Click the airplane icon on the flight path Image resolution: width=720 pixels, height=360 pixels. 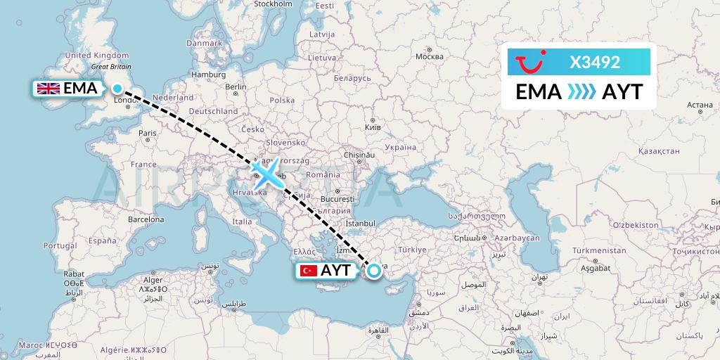(266, 173)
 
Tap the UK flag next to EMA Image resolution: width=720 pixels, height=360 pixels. (49, 89)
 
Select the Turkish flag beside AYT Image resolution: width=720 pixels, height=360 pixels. (307, 271)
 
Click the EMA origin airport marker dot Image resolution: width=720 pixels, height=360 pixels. (117, 89)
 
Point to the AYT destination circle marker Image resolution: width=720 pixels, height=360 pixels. (373, 270)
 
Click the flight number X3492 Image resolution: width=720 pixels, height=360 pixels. (594, 63)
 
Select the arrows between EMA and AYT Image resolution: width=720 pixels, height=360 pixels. (581, 92)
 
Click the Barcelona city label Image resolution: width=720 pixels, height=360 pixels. (146, 219)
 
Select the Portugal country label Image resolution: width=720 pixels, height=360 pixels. (59, 245)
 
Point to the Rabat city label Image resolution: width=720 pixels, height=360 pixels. (74, 274)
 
